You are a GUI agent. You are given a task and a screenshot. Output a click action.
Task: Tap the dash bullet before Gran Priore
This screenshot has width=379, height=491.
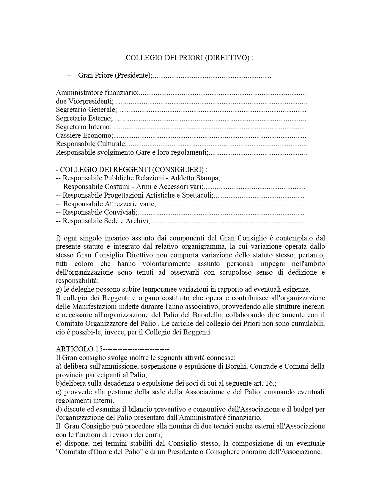coord(69,75)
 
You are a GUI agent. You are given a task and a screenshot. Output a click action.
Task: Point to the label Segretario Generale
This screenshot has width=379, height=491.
coord(86,110)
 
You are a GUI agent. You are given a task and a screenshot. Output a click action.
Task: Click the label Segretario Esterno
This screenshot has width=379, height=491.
coord(84,118)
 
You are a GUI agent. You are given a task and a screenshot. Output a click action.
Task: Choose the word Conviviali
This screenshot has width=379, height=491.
coord(121,213)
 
